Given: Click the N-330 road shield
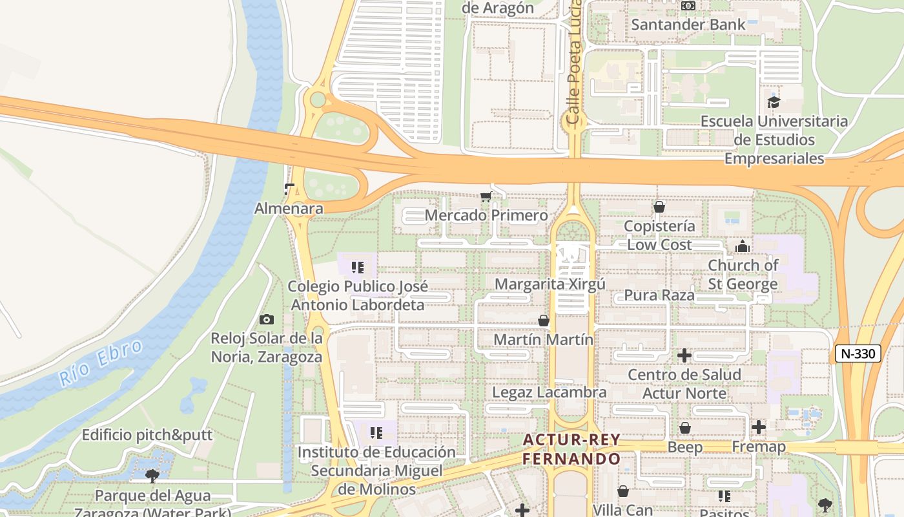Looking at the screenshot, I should click(858, 353).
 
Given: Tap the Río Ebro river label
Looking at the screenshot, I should click(101, 363).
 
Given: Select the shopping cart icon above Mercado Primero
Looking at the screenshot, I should click(486, 196).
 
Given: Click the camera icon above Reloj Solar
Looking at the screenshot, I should click(266, 319).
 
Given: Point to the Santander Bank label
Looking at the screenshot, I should click(688, 25).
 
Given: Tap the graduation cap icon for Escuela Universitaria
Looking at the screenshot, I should click(774, 102).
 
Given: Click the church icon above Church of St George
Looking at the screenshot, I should click(743, 246).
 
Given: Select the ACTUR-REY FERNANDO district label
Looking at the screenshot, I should click(571, 449).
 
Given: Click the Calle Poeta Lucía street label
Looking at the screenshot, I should click(574, 65).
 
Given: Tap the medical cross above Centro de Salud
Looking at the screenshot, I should click(684, 355).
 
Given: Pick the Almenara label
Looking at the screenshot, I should click(289, 208).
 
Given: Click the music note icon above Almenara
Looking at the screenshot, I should click(289, 189).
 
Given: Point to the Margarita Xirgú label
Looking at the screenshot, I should click(550, 284).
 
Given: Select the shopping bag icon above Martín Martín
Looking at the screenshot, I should click(544, 321).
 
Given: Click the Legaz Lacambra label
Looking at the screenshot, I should click(550, 392).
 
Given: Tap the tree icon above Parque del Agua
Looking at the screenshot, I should click(152, 476).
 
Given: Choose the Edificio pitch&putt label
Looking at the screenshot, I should click(147, 435).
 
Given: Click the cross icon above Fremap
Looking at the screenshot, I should click(759, 427).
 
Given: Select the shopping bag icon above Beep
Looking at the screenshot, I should click(684, 428).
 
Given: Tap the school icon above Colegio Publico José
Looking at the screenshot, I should click(357, 267).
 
